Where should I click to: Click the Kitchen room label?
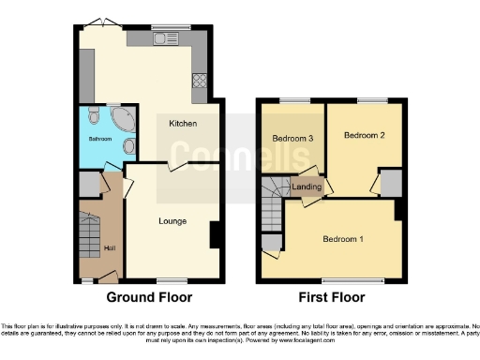coord(182,124)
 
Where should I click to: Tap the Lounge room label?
coord(172,221)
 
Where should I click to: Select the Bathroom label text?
coord(100,139)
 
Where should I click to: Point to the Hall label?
coord(109,247)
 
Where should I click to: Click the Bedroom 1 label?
coord(344,239)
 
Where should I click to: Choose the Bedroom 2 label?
coord(364,136)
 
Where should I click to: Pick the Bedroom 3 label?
coord(292,139)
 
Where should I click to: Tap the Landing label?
coord(307,187)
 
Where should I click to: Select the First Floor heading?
coord(332,298)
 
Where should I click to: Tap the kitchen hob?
coord(200,81)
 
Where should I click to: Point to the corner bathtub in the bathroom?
coord(122,120)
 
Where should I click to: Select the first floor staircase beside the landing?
coord(275,200)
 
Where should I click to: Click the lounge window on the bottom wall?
coord(170,280)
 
